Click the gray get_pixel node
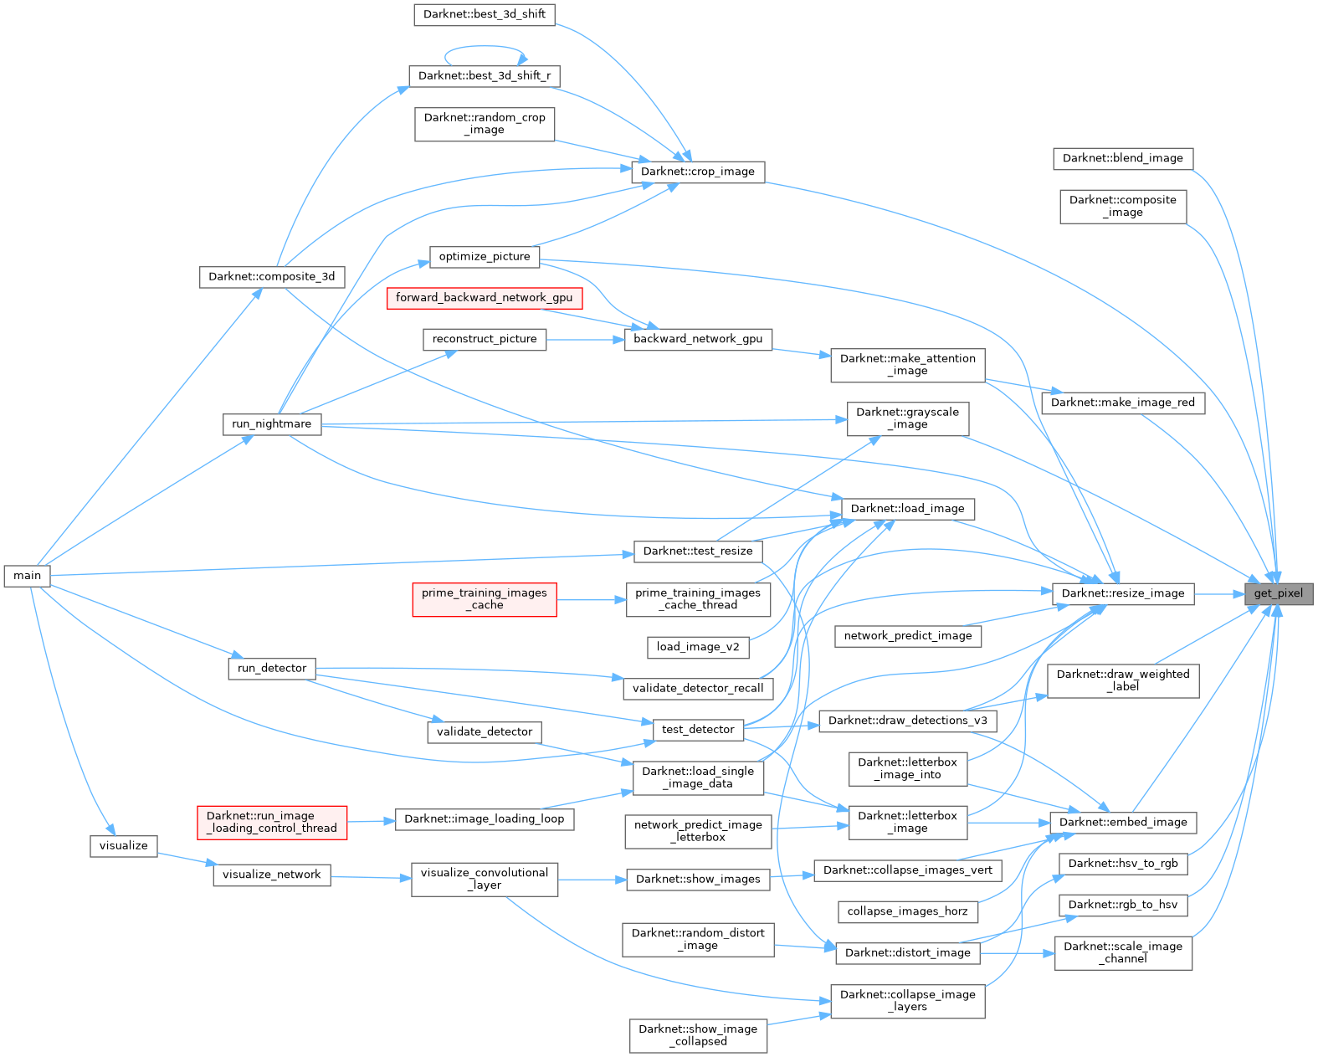click(x=1278, y=593)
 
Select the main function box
click(x=27, y=576)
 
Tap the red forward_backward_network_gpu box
click(x=484, y=298)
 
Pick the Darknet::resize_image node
click(x=1122, y=593)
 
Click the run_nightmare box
click(x=271, y=424)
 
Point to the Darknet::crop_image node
click(x=697, y=172)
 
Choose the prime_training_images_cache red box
click(x=484, y=599)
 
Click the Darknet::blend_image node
click(x=1122, y=158)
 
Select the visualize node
click(x=123, y=845)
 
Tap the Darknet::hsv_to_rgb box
click(x=1122, y=864)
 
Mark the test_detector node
click(x=697, y=730)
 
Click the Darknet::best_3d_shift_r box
click(x=484, y=76)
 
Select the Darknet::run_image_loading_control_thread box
click(x=271, y=823)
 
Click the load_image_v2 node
click(x=697, y=647)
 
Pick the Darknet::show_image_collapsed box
click(x=697, y=1035)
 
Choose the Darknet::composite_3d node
click(x=271, y=277)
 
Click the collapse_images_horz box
click(x=907, y=911)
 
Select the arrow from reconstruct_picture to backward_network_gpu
click(x=585, y=339)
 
